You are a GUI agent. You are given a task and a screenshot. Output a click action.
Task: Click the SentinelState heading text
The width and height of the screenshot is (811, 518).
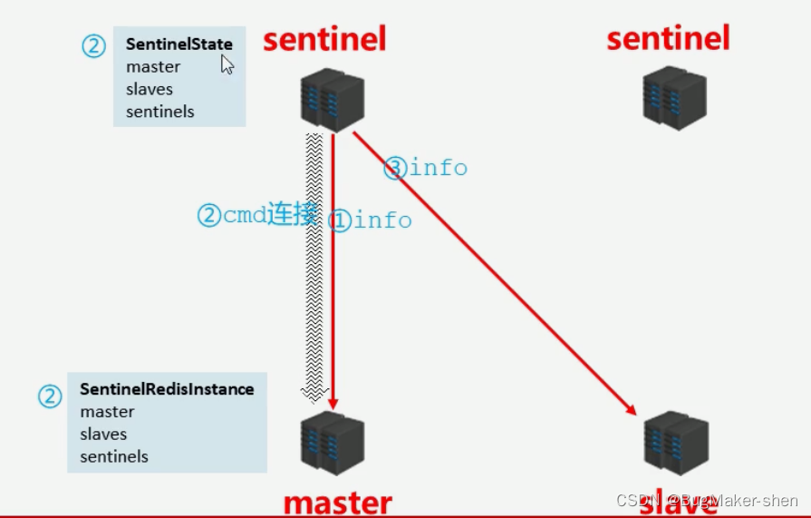coord(179,44)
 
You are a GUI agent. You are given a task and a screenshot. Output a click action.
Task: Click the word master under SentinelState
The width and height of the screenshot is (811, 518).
coord(153,67)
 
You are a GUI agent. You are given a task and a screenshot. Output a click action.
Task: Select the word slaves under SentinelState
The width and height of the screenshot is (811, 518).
coord(150,90)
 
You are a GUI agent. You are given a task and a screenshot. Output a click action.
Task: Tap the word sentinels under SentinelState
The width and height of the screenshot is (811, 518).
coord(160,112)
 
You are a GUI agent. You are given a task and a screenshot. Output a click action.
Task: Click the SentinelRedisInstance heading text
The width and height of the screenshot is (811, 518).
coord(167,389)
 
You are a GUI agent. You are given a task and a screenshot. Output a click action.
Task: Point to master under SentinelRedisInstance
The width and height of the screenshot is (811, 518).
coord(107,412)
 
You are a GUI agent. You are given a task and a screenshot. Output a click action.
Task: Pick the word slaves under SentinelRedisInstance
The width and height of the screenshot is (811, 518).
coord(103,435)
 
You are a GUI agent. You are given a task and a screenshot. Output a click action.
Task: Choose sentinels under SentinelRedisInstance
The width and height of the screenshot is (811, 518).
coord(114,457)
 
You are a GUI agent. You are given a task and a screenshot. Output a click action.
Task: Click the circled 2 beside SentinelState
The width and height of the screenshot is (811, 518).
coord(93,46)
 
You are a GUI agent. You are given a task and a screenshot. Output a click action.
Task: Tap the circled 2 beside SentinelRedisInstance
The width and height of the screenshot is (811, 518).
coord(50,396)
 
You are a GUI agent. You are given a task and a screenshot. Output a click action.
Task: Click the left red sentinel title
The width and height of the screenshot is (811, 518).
coord(324,39)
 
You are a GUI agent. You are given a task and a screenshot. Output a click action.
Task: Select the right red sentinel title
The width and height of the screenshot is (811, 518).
coord(668,38)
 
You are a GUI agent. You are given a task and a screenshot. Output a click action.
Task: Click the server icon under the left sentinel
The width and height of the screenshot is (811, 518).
coord(332,99)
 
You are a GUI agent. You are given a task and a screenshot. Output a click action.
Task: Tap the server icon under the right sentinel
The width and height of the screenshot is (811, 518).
coord(674,99)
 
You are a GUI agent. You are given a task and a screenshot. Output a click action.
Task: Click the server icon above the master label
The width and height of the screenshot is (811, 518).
coord(332,442)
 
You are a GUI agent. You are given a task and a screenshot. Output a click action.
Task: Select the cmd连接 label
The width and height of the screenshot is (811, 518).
coord(257,215)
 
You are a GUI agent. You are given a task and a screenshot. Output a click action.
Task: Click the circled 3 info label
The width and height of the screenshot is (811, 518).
coord(426,168)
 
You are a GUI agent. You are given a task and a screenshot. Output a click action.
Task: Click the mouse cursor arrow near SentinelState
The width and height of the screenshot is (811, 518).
coord(227,64)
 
